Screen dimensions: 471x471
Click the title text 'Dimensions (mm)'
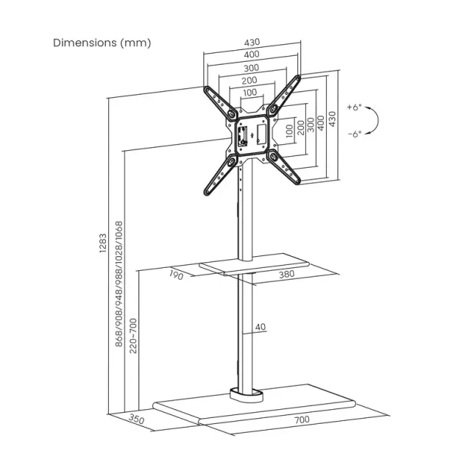[102, 43]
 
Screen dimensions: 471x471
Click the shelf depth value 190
[175, 276]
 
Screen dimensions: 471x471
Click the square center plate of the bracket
[250, 133]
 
